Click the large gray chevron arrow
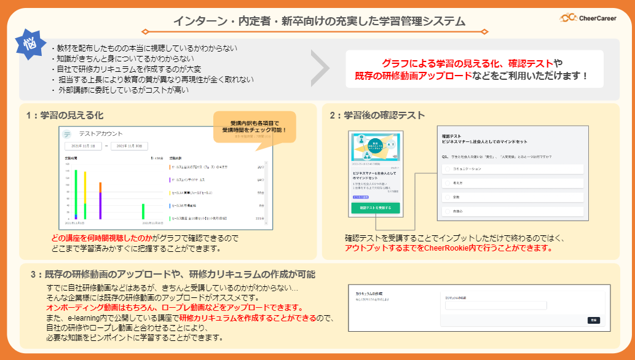pos(320,67)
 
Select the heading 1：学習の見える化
pos(65,115)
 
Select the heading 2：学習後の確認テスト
pos(377,115)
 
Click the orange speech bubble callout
pos(254,127)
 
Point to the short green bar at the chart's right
pos(143,211)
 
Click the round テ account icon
pos(67,133)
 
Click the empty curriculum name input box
pos(495,305)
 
